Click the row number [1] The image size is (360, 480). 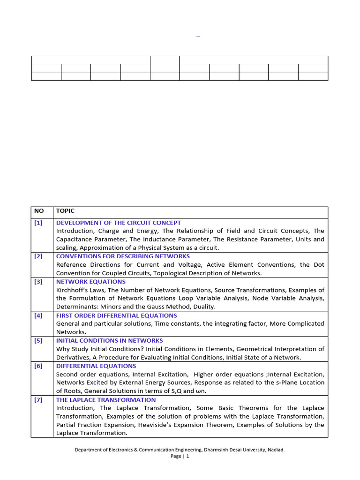(x=38, y=223)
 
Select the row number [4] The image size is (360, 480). (x=38, y=315)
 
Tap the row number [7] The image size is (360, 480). (x=38, y=400)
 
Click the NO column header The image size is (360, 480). (x=38, y=211)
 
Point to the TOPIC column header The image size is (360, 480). (x=65, y=211)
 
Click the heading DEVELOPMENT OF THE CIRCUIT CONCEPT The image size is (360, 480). (x=118, y=223)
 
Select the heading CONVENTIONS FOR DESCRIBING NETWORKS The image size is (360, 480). (x=123, y=256)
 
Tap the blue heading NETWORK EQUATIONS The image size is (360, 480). (x=91, y=282)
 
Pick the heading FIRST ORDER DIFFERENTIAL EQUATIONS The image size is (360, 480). (x=116, y=315)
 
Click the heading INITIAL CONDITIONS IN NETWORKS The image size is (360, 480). (x=109, y=341)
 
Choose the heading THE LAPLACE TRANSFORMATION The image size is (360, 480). (x=106, y=400)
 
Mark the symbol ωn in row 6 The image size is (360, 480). (x=201, y=391)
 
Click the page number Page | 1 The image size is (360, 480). (x=180, y=456)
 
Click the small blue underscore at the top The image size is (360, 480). (x=198, y=36)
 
